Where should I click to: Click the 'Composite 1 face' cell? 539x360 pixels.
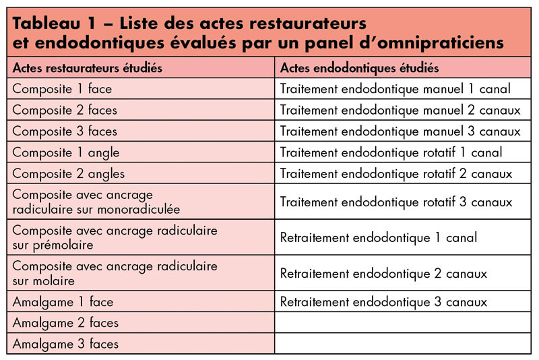pyautogui.click(x=62, y=88)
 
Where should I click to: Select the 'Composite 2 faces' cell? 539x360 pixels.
pyautogui.click(x=65, y=109)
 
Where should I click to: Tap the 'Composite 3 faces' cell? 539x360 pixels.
pyautogui.click(x=65, y=130)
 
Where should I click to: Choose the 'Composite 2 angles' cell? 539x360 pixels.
pyautogui.click(x=68, y=173)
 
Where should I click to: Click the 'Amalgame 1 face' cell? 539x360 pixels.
pyautogui.click(x=63, y=301)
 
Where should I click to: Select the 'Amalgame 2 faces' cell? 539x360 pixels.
pyautogui.click(x=65, y=322)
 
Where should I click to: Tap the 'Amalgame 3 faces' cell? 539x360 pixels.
pyautogui.click(x=65, y=344)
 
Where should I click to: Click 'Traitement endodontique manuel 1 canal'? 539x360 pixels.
pyautogui.click(x=395, y=88)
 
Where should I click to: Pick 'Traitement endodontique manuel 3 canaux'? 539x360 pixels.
pyautogui.click(x=400, y=130)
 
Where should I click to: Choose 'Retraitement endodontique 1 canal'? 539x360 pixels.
pyautogui.click(x=378, y=237)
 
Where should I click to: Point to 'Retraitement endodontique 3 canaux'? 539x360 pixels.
pyautogui.click(x=383, y=301)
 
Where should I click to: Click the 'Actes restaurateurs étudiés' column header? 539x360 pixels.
pyautogui.click(x=88, y=68)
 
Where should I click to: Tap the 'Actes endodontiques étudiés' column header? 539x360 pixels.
pyautogui.click(x=359, y=68)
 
